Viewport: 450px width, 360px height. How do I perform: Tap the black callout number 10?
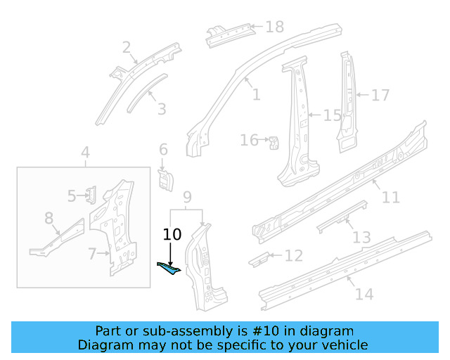coord(172,235)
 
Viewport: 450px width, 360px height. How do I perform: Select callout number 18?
coord(274,27)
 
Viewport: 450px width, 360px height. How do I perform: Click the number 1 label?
coord(256,94)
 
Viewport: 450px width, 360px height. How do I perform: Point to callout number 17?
coord(380,94)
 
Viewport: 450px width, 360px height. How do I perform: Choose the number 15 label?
coord(332,115)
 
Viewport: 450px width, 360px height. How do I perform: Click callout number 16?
coord(249,141)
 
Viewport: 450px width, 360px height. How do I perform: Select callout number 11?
coord(390,197)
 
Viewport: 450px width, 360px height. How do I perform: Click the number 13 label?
coord(361,238)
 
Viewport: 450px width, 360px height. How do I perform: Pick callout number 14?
coord(364,294)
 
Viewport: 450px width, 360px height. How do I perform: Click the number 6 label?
coord(163,150)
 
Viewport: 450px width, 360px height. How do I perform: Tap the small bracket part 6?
coord(165,179)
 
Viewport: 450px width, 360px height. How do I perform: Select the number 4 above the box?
coord(85,153)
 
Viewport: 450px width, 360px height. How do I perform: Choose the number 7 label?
coord(92,253)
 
